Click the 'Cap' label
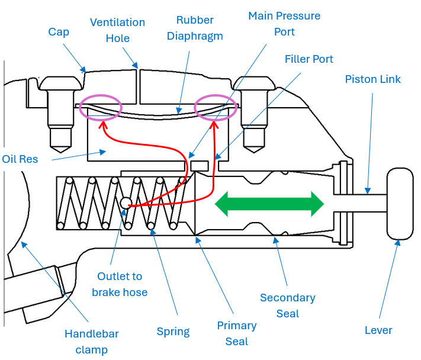[59, 31]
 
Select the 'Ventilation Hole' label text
[117, 30]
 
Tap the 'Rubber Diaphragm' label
[195, 28]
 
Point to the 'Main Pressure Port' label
[284, 23]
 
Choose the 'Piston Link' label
[372, 79]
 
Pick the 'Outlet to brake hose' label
[120, 284]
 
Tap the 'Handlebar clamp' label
[92, 342]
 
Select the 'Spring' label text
[173, 332]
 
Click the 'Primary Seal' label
[237, 333]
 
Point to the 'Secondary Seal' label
[288, 305]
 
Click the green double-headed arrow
[269, 204]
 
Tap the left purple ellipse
[101, 107]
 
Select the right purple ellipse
[216, 107]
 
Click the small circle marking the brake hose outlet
[126, 204]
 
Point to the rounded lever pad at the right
[399, 204]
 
